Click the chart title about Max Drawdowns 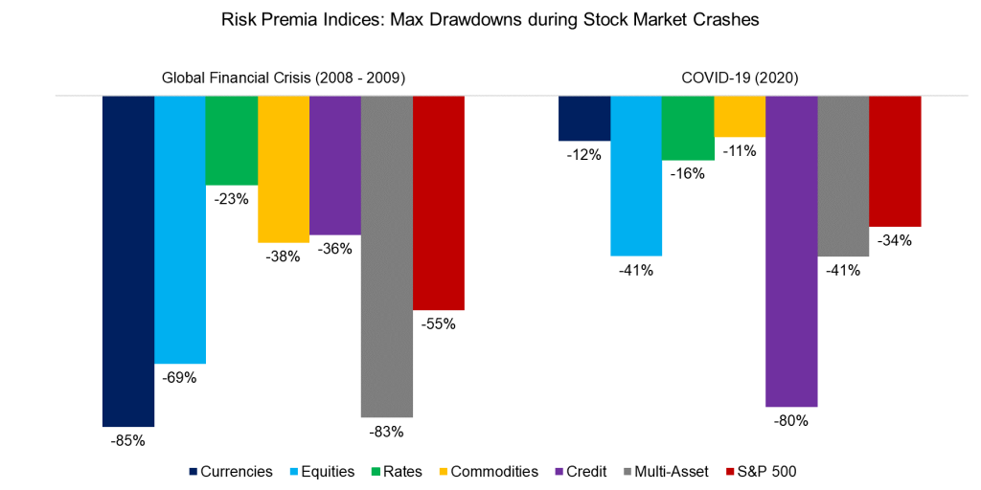click(490, 20)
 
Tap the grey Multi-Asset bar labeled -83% click(387, 256)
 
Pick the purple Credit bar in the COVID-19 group click(791, 251)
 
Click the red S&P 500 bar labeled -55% click(439, 203)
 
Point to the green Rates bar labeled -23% click(232, 140)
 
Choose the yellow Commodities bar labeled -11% click(740, 116)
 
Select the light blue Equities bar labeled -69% click(180, 230)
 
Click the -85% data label click(127, 441)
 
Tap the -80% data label click(791, 421)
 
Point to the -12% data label click(584, 155)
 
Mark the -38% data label click(284, 256)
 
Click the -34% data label click(895, 241)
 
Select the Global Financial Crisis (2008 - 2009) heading click(283, 78)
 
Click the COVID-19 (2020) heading click(740, 78)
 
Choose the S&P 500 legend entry click(766, 471)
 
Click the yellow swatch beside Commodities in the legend click(443, 472)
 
